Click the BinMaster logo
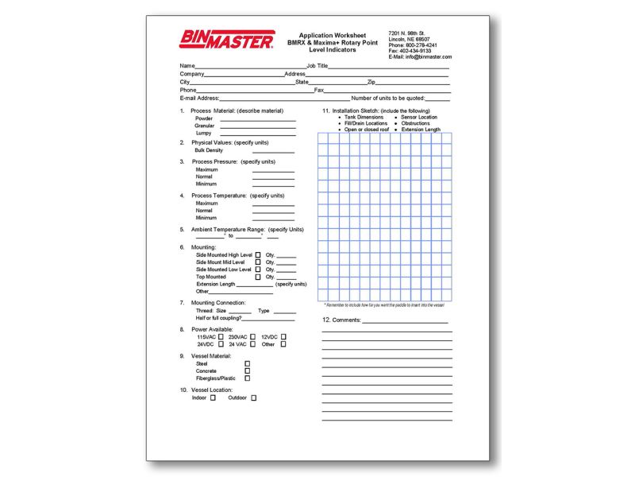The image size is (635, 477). tap(226, 40)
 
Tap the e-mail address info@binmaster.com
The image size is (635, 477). tap(428, 57)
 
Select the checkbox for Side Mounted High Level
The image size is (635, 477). tap(258, 255)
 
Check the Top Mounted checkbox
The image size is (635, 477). tap(258, 277)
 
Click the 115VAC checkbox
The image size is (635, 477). tap(221, 336)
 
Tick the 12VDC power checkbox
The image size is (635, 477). tap(283, 336)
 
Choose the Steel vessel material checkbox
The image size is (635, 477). tap(248, 363)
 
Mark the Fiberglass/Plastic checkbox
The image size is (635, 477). tap(248, 378)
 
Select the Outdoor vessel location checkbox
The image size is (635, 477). tap(254, 397)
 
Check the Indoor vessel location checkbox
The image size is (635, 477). tap(213, 397)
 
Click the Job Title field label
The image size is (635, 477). tap(317, 65)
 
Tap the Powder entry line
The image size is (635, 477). tap(257, 118)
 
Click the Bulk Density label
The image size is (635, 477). tap(209, 149)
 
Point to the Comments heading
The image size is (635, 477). tap(341, 320)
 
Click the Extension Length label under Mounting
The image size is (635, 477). tap(216, 284)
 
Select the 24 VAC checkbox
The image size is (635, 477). tap(252, 344)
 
